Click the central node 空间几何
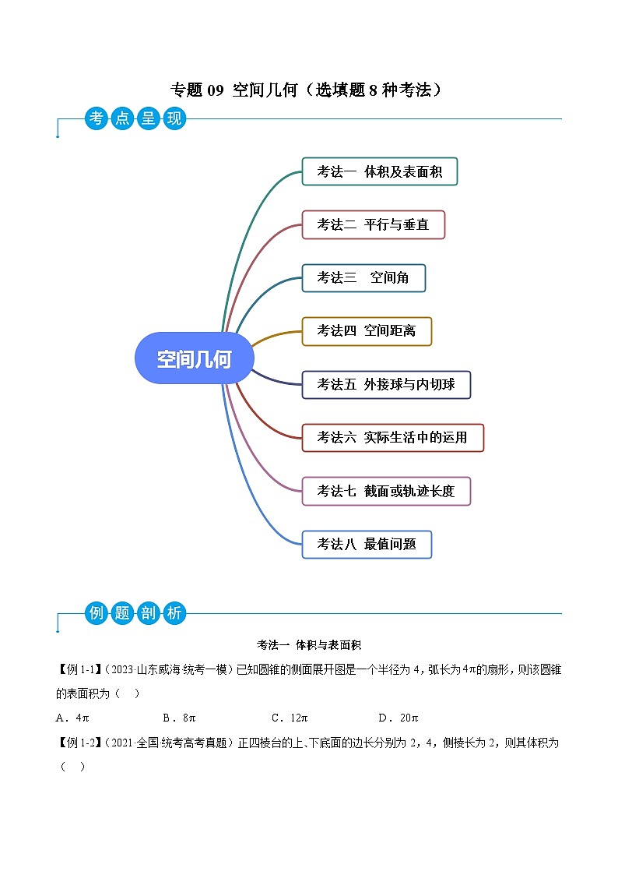click(194, 358)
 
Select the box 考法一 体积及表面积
click(379, 171)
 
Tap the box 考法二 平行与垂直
click(373, 224)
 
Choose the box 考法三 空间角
click(363, 277)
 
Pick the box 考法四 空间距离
click(366, 330)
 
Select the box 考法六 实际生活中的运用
click(392, 437)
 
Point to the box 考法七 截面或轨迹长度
click(386, 491)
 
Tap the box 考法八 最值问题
click(366, 544)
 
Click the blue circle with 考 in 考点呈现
click(97, 119)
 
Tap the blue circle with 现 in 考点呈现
click(174, 119)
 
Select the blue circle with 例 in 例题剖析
click(97, 612)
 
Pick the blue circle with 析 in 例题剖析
click(174, 612)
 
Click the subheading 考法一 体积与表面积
click(309, 645)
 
